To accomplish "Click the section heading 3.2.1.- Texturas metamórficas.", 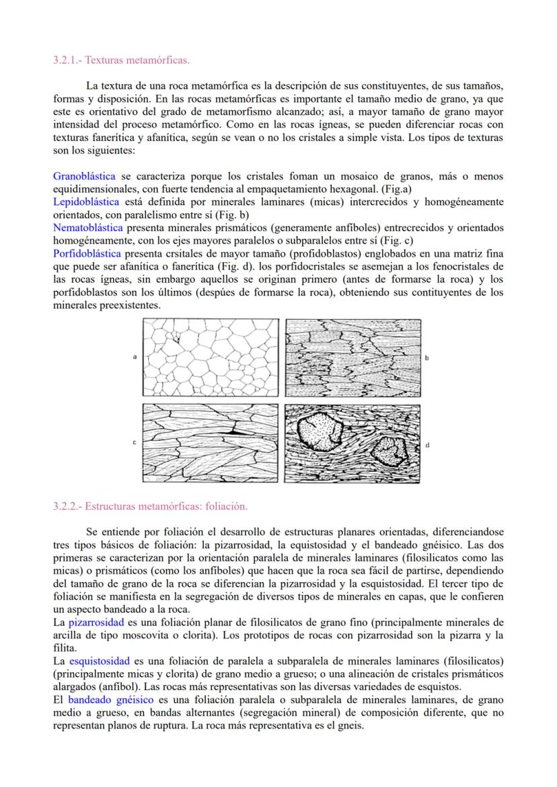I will click(121, 60).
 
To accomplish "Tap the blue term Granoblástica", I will click(84, 176).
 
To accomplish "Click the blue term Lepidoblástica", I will click(86, 202).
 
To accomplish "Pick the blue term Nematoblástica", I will click(87, 228).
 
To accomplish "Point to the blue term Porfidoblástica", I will click(87, 253).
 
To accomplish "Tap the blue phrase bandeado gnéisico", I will click(110, 700).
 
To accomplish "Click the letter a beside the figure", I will click(135, 358).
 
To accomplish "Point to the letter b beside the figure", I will click(429, 358).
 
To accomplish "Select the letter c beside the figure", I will click(135, 442).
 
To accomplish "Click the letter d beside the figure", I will click(429, 445).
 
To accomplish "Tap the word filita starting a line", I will click(64, 648).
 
